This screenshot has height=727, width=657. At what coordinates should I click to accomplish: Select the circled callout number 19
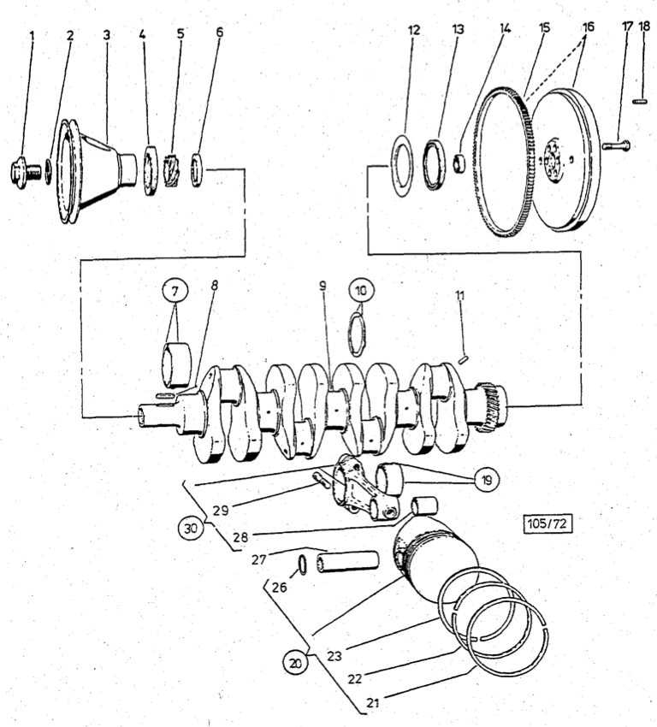pyautogui.click(x=486, y=480)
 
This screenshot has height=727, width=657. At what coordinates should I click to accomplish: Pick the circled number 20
pyautogui.click(x=296, y=660)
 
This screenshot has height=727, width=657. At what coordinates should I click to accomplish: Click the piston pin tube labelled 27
pyautogui.click(x=350, y=565)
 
